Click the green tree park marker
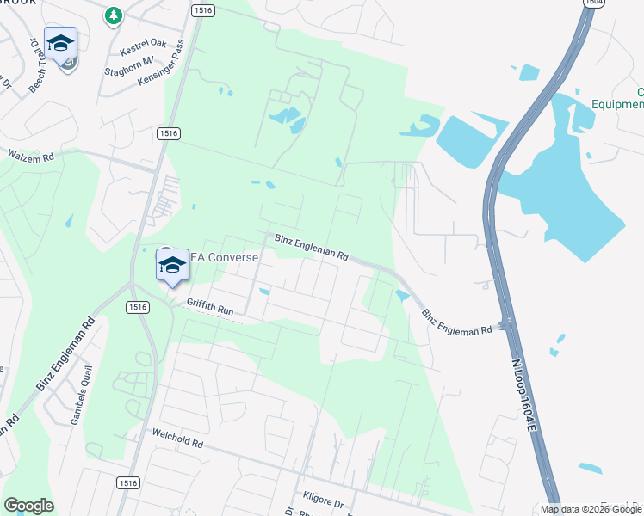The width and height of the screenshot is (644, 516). (113, 15)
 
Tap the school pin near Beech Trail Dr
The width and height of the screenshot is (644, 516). (61, 44)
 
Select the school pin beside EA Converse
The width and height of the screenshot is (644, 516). (172, 265)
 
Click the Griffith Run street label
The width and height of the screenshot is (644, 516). (210, 306)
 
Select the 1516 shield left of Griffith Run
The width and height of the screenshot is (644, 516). (136, 307)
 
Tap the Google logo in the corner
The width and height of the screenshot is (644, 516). (28, 506)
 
